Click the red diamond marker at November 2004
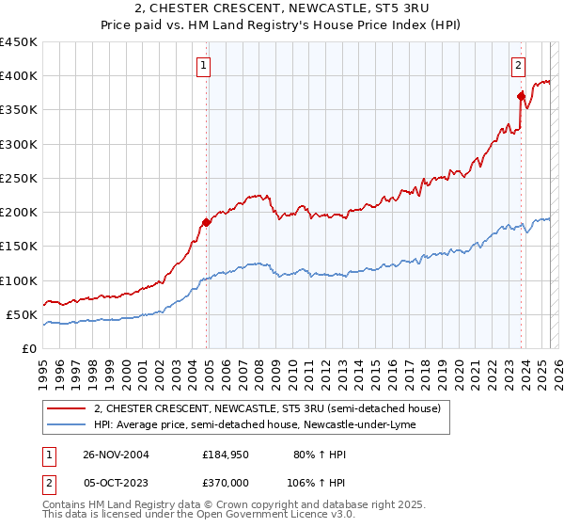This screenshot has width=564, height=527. (207, 223)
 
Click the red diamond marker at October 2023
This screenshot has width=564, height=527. (520, 95)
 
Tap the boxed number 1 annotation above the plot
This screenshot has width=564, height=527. (204, 65)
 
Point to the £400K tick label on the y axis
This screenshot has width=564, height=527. (19, 76)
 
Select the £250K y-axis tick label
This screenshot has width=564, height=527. (19, 178)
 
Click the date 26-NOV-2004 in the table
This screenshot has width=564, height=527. (116, 454)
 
